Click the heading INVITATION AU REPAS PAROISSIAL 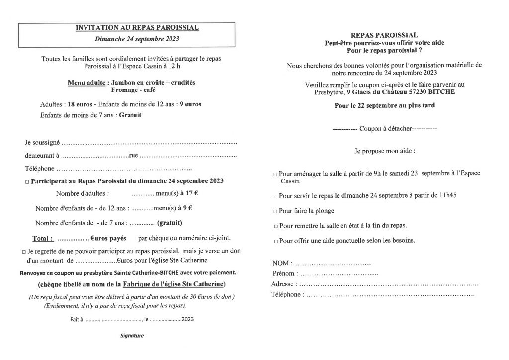pyautogui.click(x=137, y=28)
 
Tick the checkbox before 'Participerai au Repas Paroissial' pyautogui.click(x=27, y=182)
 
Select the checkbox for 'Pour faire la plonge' pyautogui.click(x=276, y=211)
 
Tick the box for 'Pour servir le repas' pyautogui.click(x=276, y=196)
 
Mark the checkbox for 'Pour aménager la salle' pyautogui.click(x=276, y=175)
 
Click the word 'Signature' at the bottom pyautogui.click(x=132, y=336)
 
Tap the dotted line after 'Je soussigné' pyautogui.click(x=149, y=143)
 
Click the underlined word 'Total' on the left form pyautogui.click(x=42, y=238)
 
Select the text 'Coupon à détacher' pyautogui.click(x=385, y=129)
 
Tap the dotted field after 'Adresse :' pyautogui.click(x=388, y=284)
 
